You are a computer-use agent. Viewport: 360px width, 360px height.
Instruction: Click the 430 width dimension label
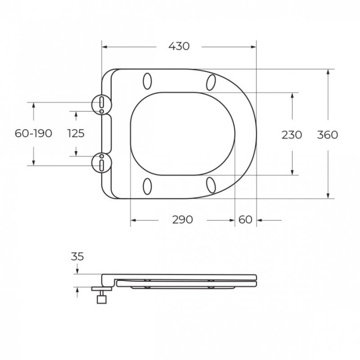tap(179, 46)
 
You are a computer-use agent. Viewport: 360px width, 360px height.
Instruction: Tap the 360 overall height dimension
tap(328, 135)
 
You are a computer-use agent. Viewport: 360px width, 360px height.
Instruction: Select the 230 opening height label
tap(292, 135)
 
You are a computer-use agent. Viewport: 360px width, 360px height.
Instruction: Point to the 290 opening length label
tap(183, 220)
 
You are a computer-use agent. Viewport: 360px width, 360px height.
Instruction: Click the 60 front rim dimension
tap(245, 220)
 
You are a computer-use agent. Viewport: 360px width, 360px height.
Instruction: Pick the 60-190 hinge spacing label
tap(33, 133)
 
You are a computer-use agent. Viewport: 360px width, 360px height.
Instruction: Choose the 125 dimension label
tap(76, 133)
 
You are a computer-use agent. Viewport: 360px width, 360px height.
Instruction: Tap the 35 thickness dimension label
tap(77, 257)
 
